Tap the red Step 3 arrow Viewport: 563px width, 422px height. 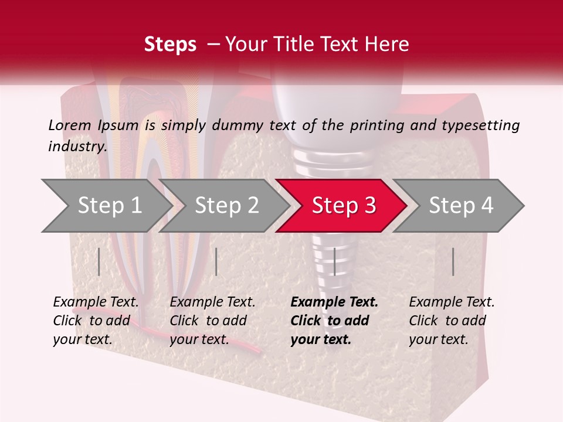(344, 206)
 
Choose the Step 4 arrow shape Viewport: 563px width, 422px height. (461, 206)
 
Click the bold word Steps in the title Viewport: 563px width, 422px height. (170, 45)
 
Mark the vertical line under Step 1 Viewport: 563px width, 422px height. (99, 261)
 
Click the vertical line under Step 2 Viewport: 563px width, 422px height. (216, 261)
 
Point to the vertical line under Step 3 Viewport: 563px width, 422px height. (334, 261)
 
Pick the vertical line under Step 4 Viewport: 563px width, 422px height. (453, 261)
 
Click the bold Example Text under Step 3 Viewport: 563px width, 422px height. (334, 302)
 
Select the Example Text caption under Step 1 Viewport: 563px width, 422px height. (96, 302)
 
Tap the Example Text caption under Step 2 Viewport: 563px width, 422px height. (212, 302)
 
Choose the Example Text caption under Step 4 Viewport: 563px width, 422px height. (452, 302)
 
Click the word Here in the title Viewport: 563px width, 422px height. (389, 45)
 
